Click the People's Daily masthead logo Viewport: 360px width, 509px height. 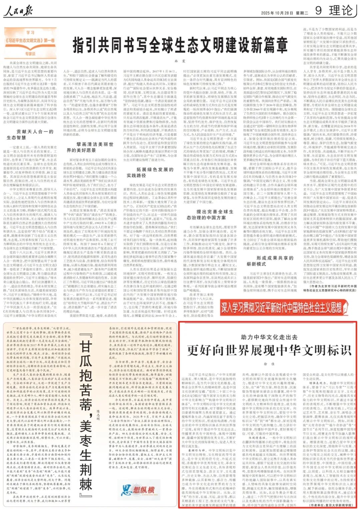(18, 12)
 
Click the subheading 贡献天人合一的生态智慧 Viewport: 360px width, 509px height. (30, 134)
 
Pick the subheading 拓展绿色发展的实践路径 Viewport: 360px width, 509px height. (150, 172)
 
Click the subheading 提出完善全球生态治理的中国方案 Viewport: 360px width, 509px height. (210, 214)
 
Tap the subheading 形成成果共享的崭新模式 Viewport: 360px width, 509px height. (270, 261)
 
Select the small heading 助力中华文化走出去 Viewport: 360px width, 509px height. (269, 337)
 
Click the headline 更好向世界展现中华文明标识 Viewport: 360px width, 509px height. (269, 350)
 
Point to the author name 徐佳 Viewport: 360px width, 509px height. (269, 364)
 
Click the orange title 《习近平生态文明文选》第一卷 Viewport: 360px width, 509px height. (30, 40)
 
